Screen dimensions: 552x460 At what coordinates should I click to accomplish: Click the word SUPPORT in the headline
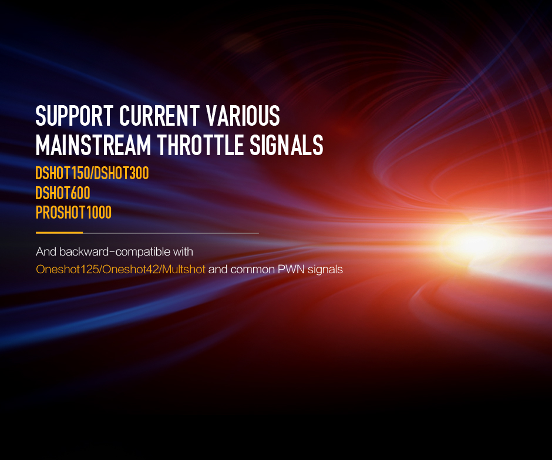click(74, 116)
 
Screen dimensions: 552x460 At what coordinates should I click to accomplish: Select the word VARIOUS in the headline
click(243, 116)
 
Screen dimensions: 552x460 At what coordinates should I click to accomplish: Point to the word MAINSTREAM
click(93, 145)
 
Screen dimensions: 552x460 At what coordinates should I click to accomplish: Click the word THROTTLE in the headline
click(200, 145)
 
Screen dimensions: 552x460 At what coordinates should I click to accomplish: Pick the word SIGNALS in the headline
click(287, 145)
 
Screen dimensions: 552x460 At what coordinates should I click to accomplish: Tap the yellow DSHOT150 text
click(63, 173)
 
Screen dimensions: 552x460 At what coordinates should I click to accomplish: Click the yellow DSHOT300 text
click(122, 173)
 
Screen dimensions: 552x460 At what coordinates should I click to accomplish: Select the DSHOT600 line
click(63, 193)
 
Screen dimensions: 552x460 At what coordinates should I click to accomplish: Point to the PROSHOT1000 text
click(73, 213)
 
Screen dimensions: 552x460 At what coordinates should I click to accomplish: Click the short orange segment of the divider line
click(59, 233)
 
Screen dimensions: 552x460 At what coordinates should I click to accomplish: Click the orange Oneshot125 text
click(68, 270)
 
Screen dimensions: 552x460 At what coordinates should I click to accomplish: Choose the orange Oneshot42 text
click(130, 270)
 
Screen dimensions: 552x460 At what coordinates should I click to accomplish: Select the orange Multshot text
click(184, 270)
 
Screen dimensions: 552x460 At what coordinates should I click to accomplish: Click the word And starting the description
click(46, 251)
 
